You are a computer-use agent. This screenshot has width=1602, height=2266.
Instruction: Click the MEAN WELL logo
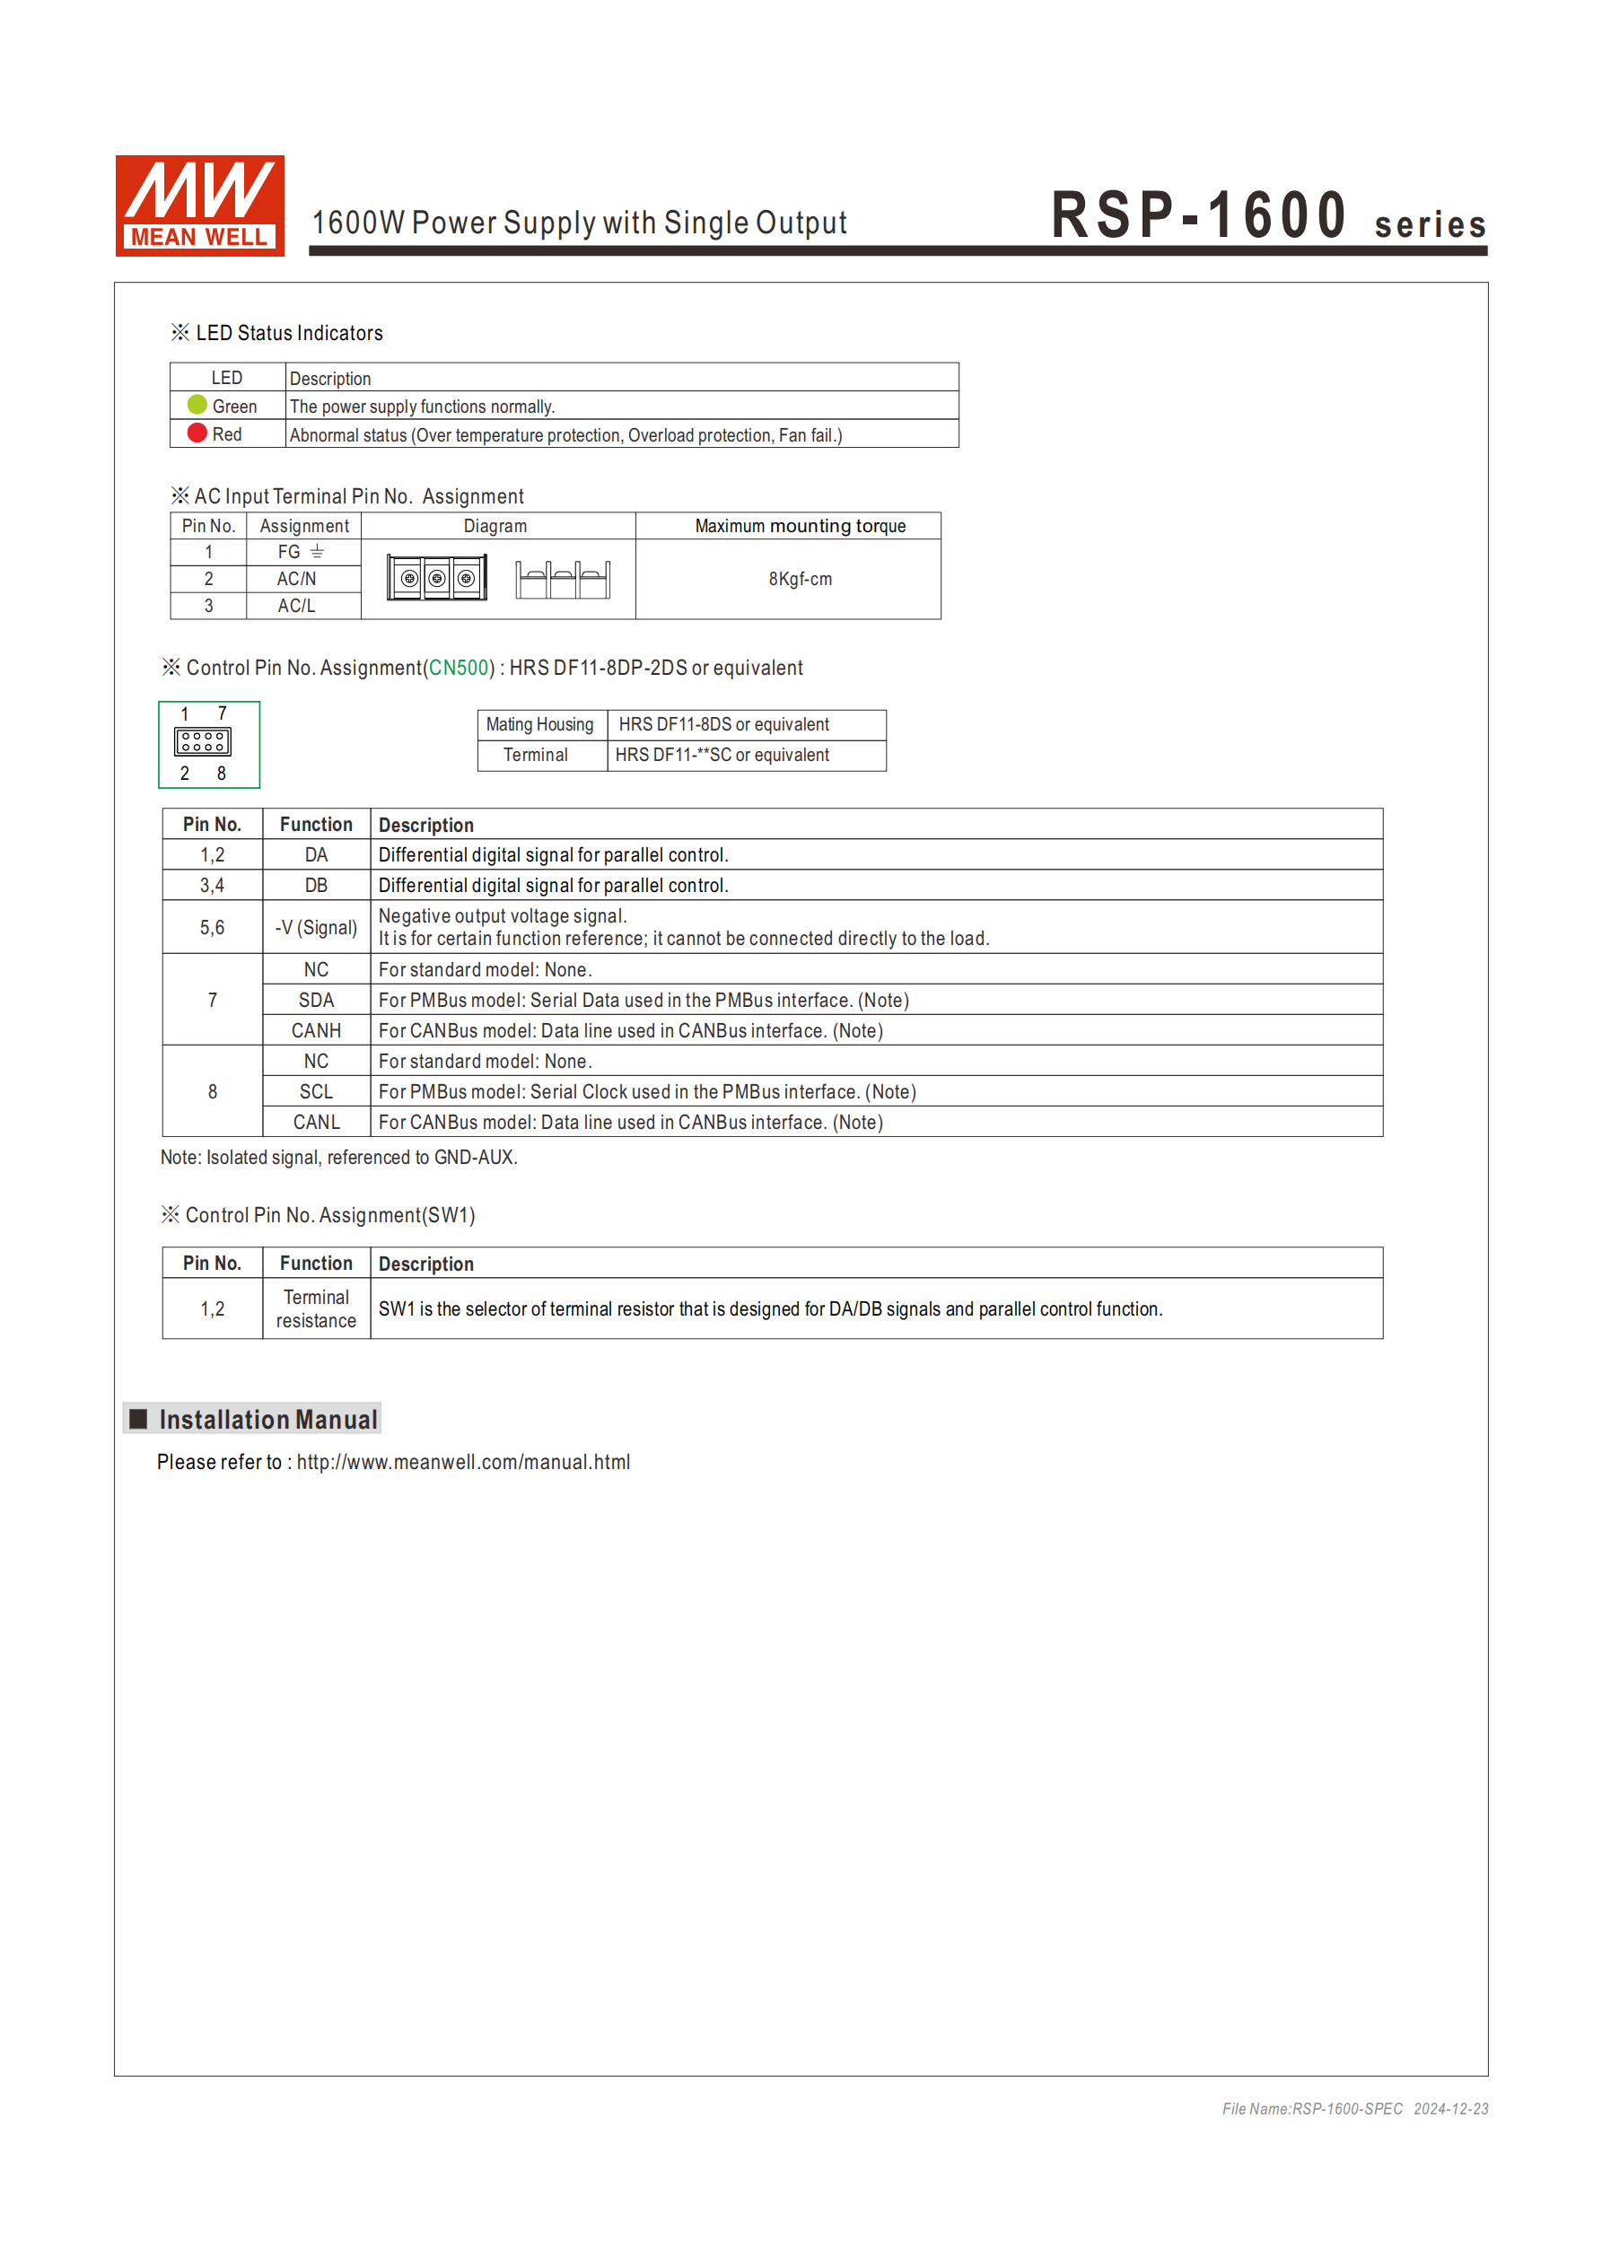click(199, 206)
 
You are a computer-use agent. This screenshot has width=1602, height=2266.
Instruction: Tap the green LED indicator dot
click(197, 405)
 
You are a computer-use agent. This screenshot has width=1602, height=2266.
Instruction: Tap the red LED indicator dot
click(197, 433)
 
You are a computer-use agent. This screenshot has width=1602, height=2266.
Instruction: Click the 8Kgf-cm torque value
click(800, 580)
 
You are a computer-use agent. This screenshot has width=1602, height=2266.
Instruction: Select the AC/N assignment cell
click(296, 580)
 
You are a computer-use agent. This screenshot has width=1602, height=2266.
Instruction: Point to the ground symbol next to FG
click(317, 552)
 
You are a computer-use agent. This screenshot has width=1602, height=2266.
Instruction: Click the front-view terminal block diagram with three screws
click(436, 578)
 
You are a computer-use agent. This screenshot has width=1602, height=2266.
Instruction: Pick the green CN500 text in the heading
click(459, 669)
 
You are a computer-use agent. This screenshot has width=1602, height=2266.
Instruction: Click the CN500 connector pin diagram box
click(208, 744)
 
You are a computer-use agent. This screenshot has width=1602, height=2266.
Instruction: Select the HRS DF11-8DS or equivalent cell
click(723, 724)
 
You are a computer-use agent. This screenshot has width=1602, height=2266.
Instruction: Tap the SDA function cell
click(316, 1000)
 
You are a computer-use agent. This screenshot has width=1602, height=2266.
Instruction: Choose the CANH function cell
click(316, 1030)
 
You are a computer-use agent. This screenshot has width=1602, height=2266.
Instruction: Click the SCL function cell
click(316, 1091)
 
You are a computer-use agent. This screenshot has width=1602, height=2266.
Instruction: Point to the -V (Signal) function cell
click(316, 928)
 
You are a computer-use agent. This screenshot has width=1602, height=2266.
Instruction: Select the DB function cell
click(316, 885)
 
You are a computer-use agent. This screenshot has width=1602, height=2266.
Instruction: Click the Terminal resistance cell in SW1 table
click(316, 1308)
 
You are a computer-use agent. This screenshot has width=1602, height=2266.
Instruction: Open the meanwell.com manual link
click(463, 1462)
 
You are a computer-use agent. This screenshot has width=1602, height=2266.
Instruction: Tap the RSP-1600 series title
click(1267, 217)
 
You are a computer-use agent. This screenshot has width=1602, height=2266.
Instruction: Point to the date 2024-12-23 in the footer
click(1450, 2109)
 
